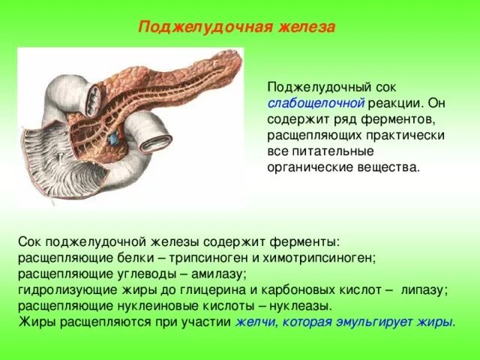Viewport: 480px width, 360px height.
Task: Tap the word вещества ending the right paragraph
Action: coord(389,167)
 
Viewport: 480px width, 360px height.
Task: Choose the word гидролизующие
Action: coord(59,289)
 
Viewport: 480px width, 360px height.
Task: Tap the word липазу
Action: coord(424,289)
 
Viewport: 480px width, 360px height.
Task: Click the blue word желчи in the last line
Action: coord(252,322)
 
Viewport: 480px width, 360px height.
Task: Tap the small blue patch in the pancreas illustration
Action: coord(113,139)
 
